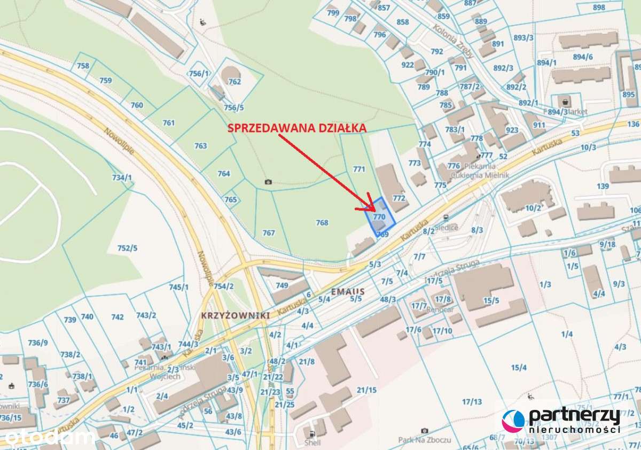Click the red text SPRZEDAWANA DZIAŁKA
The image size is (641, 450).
297,128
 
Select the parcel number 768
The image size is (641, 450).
322,222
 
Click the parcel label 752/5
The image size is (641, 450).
127,248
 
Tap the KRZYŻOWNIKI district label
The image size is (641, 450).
235,315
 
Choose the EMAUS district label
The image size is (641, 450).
347,292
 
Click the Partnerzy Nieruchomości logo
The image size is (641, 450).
561,421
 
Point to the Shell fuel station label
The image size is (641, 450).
312,443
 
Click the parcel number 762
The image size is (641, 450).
234,82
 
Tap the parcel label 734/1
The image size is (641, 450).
122,177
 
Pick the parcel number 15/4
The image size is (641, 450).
519,367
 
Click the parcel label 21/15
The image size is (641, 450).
366,390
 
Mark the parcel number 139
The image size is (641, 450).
603,186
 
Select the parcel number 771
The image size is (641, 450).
359,169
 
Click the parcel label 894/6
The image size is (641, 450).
582,57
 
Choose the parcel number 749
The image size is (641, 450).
282,285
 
